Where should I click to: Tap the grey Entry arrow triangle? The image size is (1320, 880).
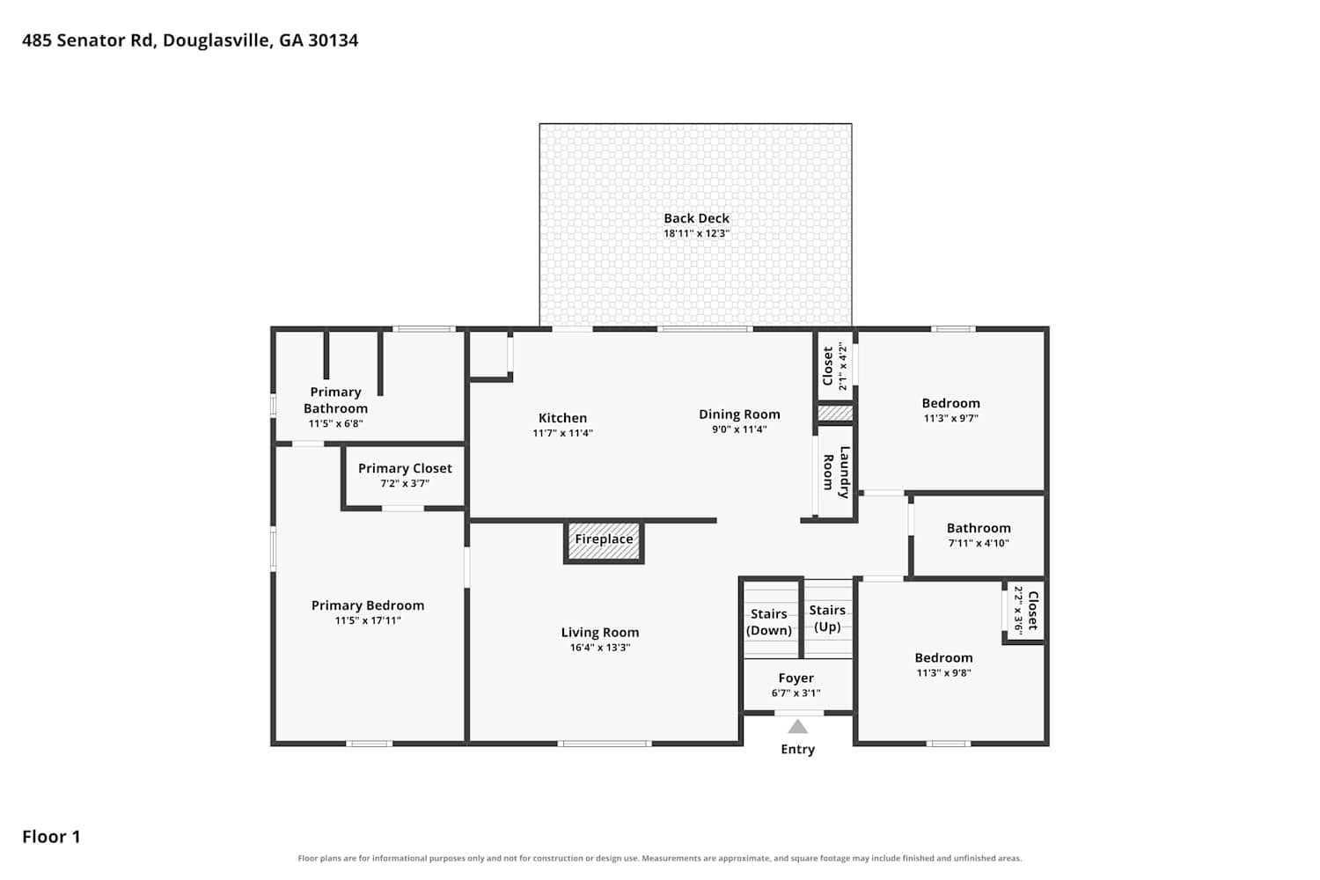[797, 726]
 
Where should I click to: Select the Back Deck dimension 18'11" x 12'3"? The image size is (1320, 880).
[697, 233]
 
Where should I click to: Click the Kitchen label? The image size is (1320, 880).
[563, 418]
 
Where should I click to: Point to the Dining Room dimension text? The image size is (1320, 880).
[739, 429]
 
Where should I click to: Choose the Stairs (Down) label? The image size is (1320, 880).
[769, 622]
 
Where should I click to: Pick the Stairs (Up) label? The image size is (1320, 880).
[827, 619]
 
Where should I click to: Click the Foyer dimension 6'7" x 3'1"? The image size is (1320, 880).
[796, 693]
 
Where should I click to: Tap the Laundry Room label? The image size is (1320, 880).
[836, 473]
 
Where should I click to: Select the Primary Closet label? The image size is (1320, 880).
[405, 468]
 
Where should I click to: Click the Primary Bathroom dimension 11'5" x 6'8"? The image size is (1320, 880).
[335, 423]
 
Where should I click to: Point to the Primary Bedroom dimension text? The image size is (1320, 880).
[368, 620]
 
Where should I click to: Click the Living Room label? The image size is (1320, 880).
[600, 633]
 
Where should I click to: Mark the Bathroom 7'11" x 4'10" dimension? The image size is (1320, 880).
[979, 543]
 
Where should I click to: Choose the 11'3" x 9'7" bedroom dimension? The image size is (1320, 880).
[950, 418]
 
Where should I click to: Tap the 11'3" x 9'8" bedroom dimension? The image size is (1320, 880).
[943, 672]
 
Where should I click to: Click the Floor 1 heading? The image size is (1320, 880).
[51, 836]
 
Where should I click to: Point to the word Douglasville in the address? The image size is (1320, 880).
[216, 40]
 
